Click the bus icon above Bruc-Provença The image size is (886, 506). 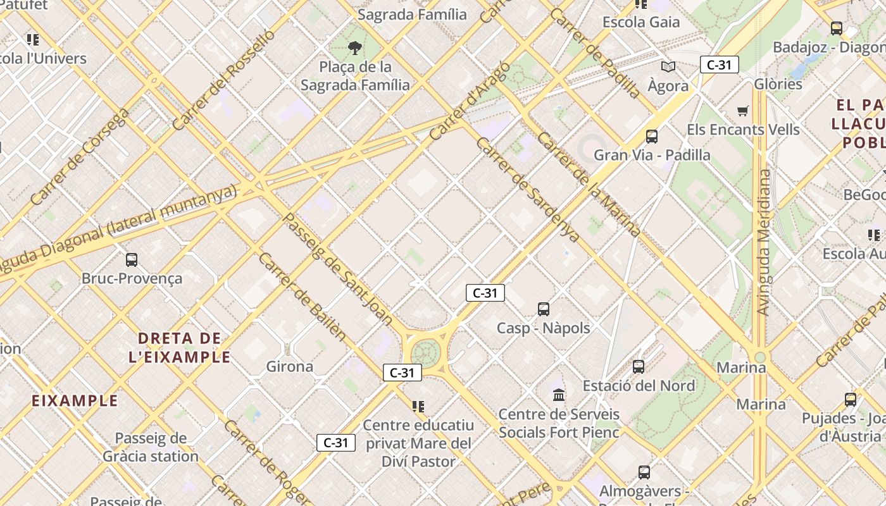click(132, 259)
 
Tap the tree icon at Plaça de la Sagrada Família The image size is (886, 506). click(355, 47)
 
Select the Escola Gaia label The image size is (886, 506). click(641, 22)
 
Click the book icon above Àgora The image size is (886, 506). click(668, 66)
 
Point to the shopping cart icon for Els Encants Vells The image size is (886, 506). click(743, 111)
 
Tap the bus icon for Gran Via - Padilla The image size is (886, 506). click(652, 136)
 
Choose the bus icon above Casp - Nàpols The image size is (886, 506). click(544, 309)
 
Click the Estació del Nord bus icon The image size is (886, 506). click(639, 367)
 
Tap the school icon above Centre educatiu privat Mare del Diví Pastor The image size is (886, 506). click(418, 406)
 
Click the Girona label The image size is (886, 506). click(289, 367)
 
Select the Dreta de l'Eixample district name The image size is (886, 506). click(179, 347)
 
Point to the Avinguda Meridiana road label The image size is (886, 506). click(764, 242)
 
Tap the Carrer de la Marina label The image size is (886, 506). click(589, 183)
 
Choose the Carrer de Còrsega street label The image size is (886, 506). click(79, 157)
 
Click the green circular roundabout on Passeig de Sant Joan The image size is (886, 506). click(426, 352)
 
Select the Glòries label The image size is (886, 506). click(778, 84)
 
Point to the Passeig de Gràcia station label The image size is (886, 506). click(151, 447)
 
